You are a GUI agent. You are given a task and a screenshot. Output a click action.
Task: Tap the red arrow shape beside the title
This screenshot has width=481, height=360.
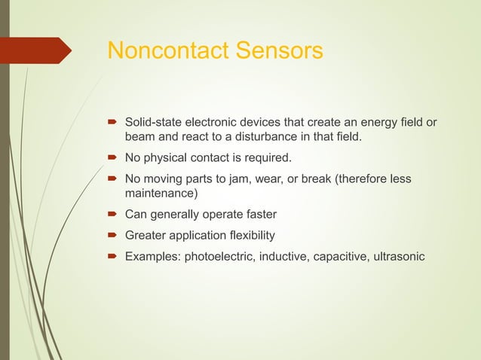click(x=38, y=50)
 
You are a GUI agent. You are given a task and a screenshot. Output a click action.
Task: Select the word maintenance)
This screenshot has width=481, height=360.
click(x=161, y=194)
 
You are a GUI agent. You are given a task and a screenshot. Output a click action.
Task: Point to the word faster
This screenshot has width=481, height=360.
click(x=261, y=215)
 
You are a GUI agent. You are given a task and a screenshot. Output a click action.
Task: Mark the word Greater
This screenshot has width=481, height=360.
click(x=146, y=235)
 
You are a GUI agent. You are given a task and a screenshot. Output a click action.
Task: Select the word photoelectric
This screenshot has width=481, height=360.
click(x=218, y=256)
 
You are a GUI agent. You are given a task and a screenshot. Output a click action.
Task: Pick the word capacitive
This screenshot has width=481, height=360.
click(x=342, y=256)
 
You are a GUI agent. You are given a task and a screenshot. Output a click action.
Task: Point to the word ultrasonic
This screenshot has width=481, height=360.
click(x=398, y=256)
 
